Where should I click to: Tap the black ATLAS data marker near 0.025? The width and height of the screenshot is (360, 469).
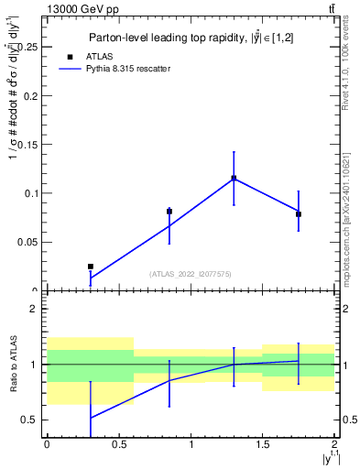tap(90, 267)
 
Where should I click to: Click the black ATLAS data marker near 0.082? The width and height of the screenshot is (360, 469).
tap(169, 212)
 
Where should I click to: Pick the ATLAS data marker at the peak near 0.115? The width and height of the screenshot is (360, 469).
tap(234, 178)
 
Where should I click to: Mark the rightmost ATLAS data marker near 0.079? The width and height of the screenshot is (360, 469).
tap(299, 214)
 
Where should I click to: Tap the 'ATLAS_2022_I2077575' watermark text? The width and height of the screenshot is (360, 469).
tap(191, 274)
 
